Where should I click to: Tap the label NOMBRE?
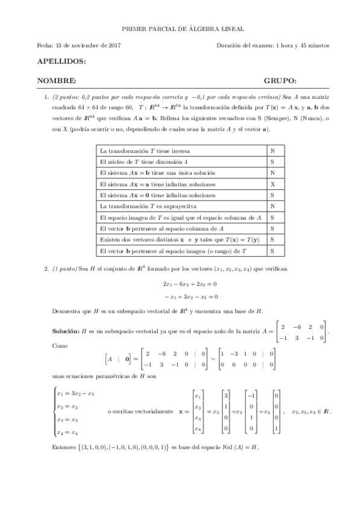click(x=57, y=81)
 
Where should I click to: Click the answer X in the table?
click(x=272, y=184)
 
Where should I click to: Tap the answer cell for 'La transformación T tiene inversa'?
click(x=272, y=150)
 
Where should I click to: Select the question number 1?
click(x=46, y=96)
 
